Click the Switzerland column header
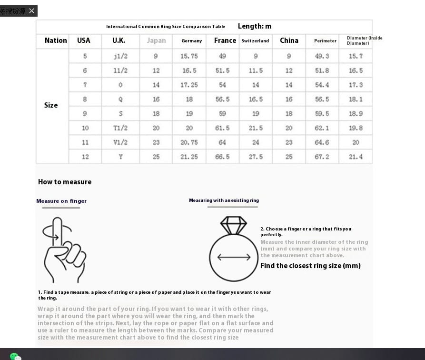(255, 41)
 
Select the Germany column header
(191, 41)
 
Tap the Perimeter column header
(325, 41)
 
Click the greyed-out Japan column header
(156, 40)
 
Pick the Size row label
(51, 105)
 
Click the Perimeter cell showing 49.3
(322, 56)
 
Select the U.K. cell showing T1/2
(120, 128)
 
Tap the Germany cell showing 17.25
(189, 85)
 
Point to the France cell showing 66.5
(222, 157)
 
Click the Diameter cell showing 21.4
(356, 157)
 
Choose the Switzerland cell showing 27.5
(256, 157)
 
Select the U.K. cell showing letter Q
(120, 100)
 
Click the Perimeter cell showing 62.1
(322, 128)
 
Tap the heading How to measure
(65, 182)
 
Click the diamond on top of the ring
(233, 225)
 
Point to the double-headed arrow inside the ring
(234, 257)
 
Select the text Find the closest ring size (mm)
(310, 266)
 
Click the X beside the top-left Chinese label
(31, 11)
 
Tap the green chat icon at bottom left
(15, 356)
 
